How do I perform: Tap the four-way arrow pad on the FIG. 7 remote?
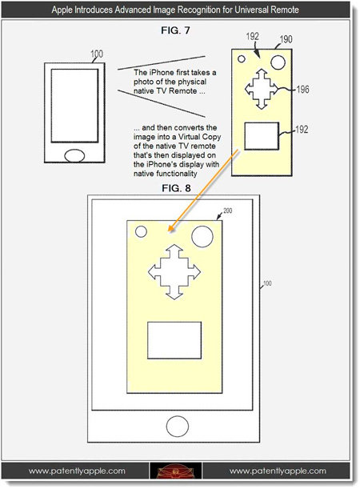pos(260,89)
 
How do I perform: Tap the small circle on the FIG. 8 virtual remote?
pos(141,232)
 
